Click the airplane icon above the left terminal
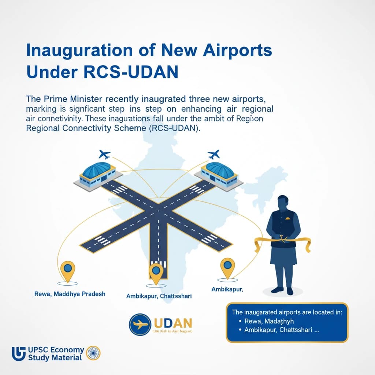coord(104,153)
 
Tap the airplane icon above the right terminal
coord(213,153)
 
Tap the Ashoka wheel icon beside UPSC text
coord(93,353)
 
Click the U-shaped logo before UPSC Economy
coord(19,354)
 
